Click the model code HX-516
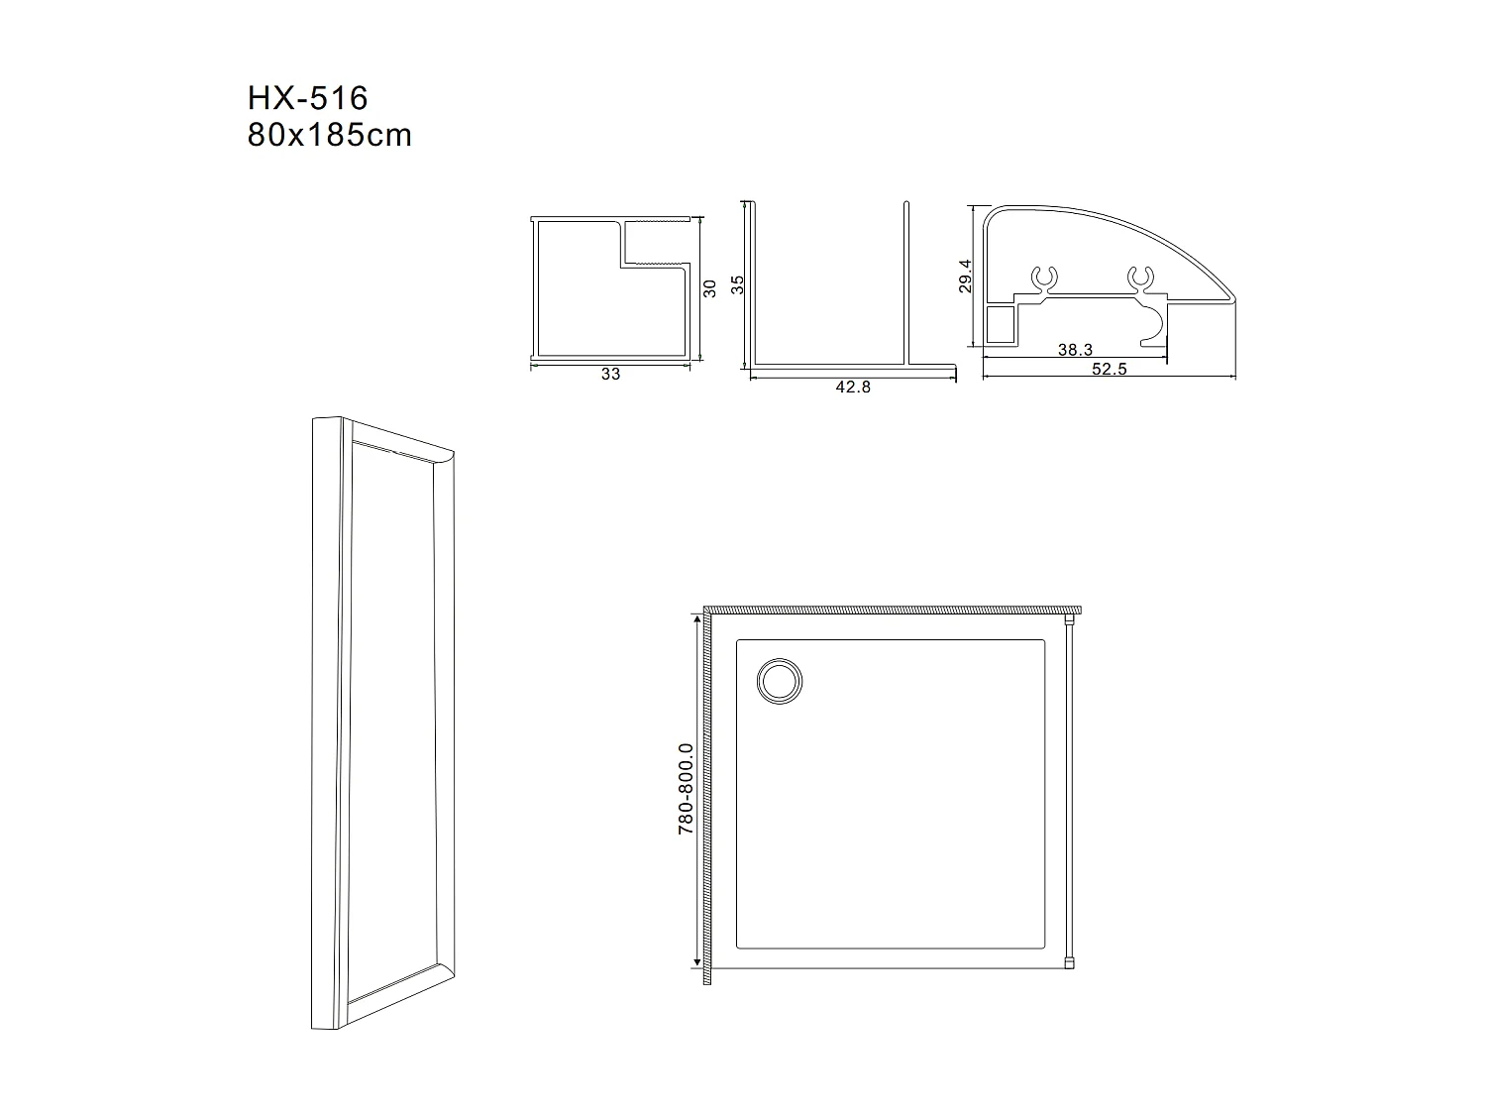pos(307,98)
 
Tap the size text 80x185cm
pos(329,135)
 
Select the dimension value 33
pos(610,375)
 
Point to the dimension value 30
pos(709,288)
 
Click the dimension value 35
pos(736,284)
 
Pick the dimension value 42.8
pos(852,388)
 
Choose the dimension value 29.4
pos(966,277)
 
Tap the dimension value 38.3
pos(1074,350)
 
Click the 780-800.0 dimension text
pos(685,789)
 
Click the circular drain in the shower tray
pos(780,682)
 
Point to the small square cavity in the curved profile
pos(1001,324)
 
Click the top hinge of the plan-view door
pos(1069,620)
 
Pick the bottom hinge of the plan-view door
pos(1069,961)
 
